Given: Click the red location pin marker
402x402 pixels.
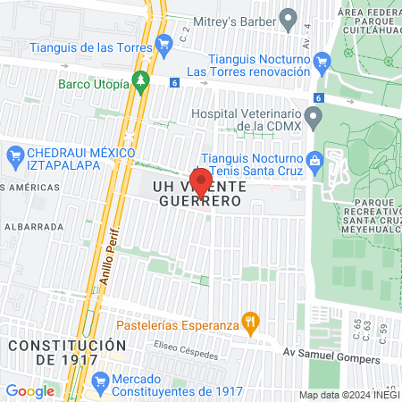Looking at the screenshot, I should tap(201, 183).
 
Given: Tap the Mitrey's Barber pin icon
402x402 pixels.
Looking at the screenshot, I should tap(289, 17).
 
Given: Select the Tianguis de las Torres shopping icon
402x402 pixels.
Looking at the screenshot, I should tap(163, 43).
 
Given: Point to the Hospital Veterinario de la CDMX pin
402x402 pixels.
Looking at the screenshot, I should tap(313, 116).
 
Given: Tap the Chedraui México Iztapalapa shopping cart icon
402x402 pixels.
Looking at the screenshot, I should tap(14, 159).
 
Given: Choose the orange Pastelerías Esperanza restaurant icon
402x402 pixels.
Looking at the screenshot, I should tap(252, 321).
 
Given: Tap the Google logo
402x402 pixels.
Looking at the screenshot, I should tap(29, 390).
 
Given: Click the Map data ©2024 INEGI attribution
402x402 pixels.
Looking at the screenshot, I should tap(348, 395).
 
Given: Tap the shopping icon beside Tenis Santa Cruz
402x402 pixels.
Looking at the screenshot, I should tap(314, 161).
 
